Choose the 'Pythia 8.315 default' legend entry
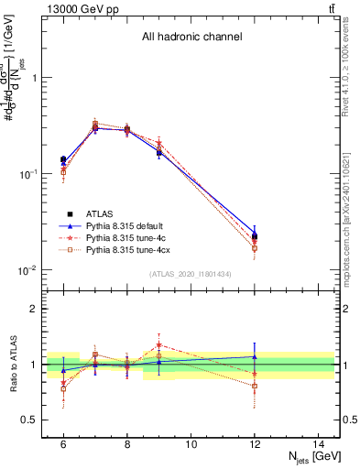coord(128,225)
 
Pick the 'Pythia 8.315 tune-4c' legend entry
coord(128,237)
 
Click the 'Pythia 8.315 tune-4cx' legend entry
coord(130,249)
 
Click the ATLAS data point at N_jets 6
coord(63,159)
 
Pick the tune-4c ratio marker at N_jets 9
coord(159,345)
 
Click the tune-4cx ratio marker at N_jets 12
coord(255,386)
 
